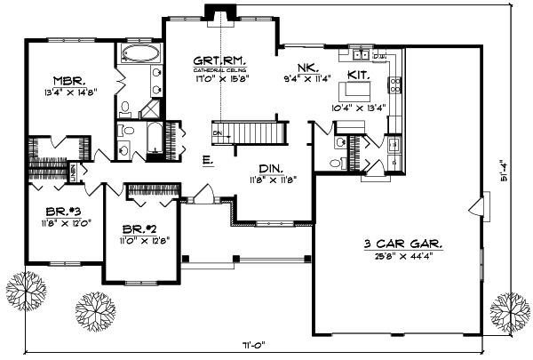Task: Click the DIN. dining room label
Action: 272,167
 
